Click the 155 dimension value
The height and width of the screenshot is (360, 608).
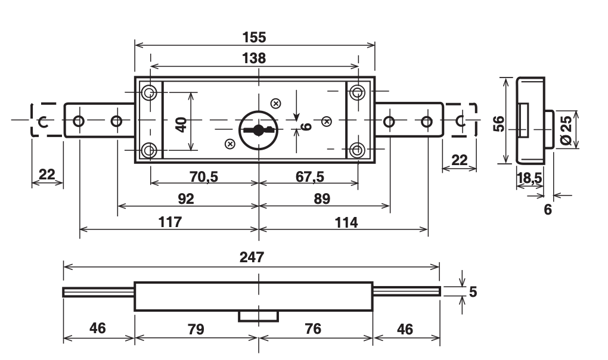pos(255,37)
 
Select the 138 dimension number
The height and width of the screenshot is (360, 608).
pos(255,58)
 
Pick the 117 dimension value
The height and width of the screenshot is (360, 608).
pos(169,222)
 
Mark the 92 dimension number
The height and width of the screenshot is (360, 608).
pos(187,199)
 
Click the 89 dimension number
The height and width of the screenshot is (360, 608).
pos(322,199)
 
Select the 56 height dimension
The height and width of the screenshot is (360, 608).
pos(500,123)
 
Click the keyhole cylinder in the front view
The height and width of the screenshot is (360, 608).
pos(258,128)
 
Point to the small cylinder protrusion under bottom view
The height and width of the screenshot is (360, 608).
pos(259,315)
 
